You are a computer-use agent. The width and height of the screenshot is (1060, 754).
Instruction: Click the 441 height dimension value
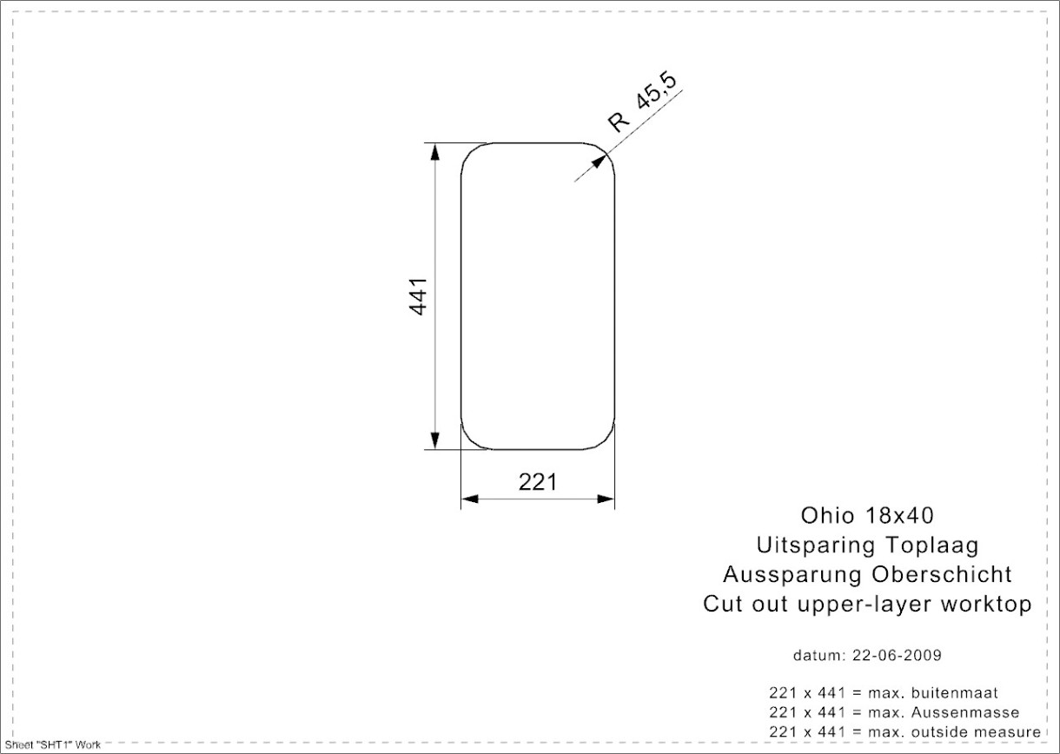[418, 296]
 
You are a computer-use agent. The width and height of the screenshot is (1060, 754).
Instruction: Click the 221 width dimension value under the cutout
[538, 482]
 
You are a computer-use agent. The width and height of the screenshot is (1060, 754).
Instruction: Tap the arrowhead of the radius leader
[599, 162]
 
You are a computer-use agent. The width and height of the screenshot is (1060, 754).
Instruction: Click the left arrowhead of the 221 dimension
[470, 499]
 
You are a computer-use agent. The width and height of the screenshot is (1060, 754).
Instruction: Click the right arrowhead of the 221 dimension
[606, 499]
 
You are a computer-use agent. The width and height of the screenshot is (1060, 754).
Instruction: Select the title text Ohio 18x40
[867, 516]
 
